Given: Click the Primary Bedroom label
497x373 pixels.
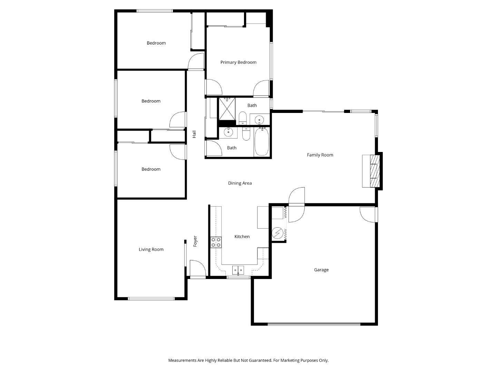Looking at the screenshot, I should pyautogui.click(x=238, y=63).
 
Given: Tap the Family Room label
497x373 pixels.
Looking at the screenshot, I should pyautogui.click(x=320, y=155).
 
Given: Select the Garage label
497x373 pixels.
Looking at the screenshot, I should pyautogui.click(x=321, y=270).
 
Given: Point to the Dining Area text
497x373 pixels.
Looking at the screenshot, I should pyautogui.click(x=240, y=183).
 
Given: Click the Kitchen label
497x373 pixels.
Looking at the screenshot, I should pyautogui.click(x=242, y=237).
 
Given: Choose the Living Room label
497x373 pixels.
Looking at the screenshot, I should pyautogui.click(x=151, y=249).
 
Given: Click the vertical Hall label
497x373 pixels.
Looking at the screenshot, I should pyautogui.click(x=194, y=134).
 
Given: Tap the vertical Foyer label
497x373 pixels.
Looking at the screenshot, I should pyautogui.click(x=195, y=241).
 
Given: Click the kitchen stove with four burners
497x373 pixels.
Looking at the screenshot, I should pyautogui.click(x=216, y=242).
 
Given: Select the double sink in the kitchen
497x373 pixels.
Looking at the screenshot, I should pyautogui.click(x=238, y=269).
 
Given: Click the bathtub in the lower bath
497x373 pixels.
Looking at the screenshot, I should pyautogui.click(x=261, y=142).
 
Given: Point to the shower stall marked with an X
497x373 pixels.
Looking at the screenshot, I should pyautogui.click(x=227, y=108).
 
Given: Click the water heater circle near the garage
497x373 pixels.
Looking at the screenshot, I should pyautogui.click(x=277, y=233).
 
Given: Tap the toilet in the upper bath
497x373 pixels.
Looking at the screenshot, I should pyautogui.click(x=243, y=118).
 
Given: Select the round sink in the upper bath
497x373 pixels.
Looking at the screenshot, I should pyautogui.click(x=259, y=120).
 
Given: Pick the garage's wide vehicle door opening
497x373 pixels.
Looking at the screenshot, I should pyautogui.click(x=314, y=324).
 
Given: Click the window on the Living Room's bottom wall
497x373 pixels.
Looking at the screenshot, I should pyautogui.click(x=151, y=298).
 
